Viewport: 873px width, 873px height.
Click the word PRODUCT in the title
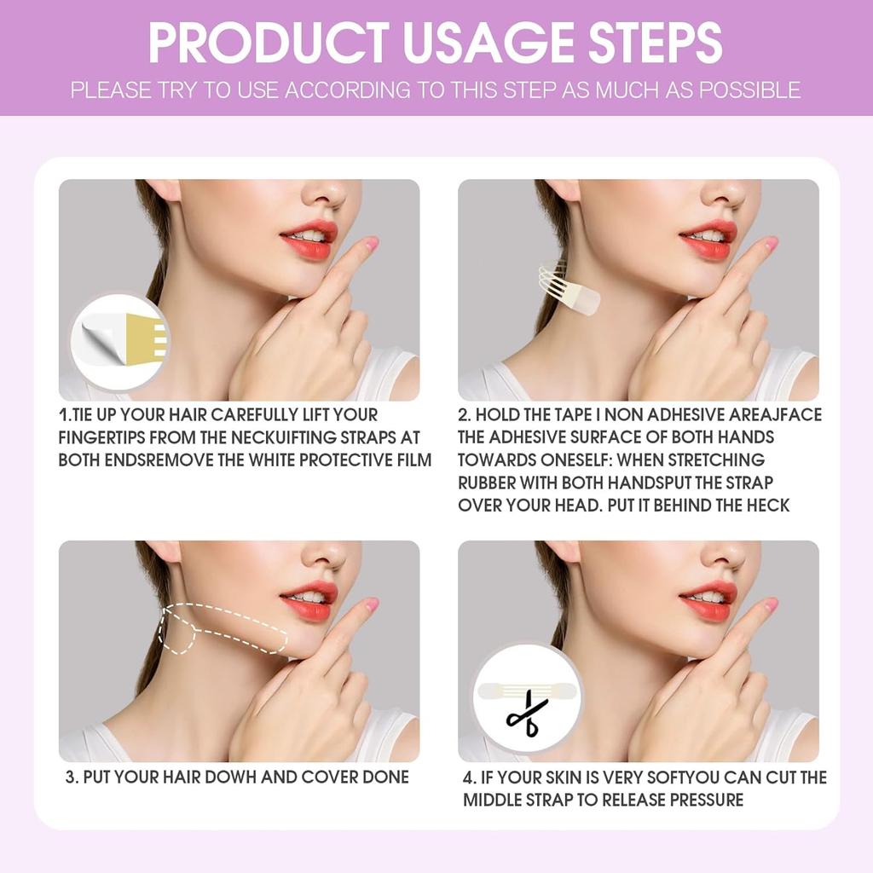269,43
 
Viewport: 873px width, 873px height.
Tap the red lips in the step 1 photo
309,240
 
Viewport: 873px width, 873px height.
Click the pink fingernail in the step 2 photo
770,244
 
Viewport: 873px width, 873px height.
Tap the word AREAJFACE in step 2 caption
775,415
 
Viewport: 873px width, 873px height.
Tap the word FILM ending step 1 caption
412,460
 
